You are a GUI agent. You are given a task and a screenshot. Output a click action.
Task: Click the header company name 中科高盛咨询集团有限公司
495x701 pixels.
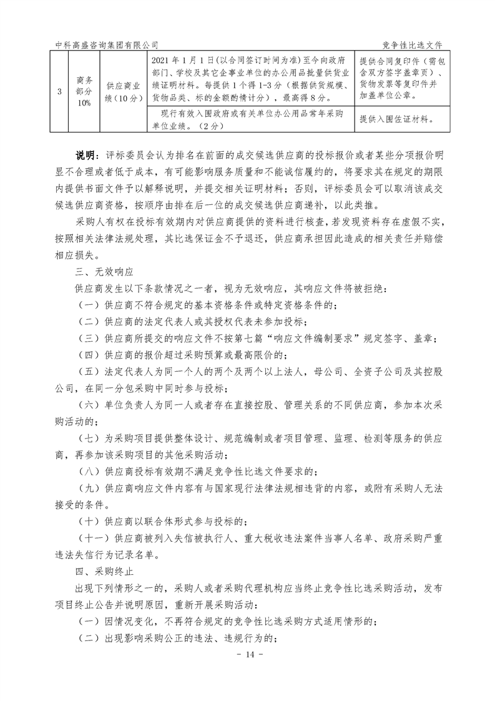[107, 44]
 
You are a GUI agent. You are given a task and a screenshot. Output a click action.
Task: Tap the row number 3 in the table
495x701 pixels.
[59, 92]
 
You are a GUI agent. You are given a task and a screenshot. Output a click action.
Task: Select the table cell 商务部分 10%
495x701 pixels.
[84, 92]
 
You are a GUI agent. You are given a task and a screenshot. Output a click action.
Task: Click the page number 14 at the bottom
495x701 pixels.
[247, 654]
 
